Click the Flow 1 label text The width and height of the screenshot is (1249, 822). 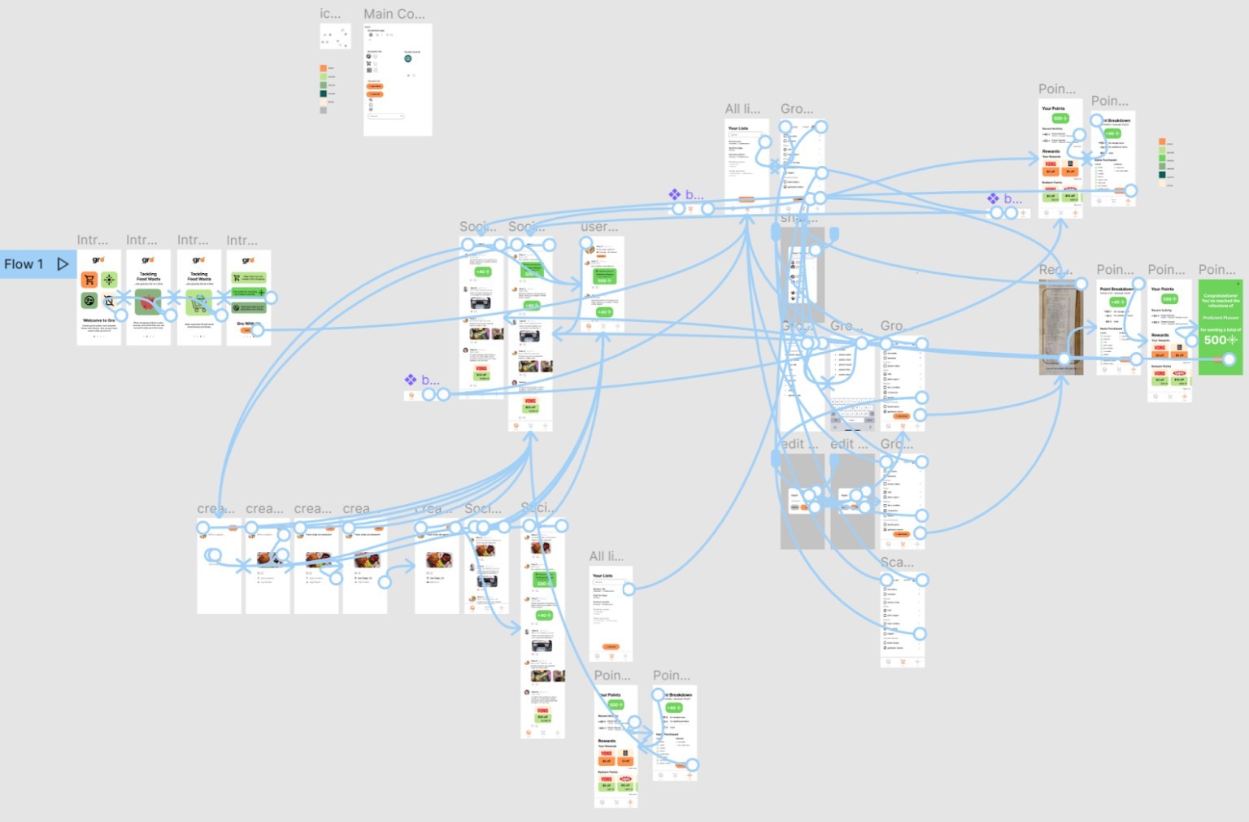point(24,264)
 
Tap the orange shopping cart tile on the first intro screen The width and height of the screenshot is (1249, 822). point(89,280)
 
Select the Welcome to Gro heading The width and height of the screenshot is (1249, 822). point(98,320)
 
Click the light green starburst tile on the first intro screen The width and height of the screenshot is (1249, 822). point(109,280)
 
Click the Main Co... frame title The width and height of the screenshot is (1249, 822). point(394,14)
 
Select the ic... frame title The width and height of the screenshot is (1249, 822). point(329,14)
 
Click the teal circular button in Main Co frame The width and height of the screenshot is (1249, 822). point(407,59)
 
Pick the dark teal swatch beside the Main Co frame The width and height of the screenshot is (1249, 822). point(323,94)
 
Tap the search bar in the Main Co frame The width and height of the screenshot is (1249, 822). point(385,116)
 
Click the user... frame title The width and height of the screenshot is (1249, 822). point(598,227)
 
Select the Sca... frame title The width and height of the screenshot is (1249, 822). point(896,563)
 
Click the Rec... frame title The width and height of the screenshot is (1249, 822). point(1055,270)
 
